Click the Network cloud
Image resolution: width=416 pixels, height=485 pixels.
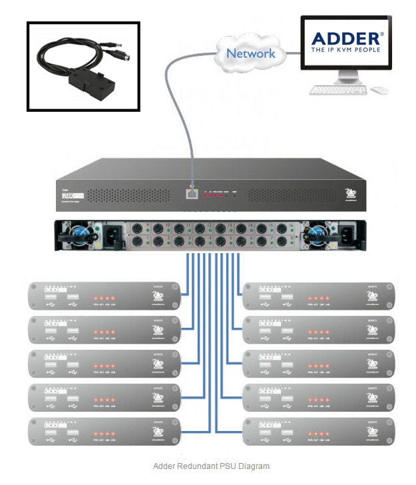(x=250, y=53)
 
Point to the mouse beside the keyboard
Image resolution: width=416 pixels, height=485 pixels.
(x=379, y=89)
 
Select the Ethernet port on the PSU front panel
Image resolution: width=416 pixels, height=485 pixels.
(x=192, y=194)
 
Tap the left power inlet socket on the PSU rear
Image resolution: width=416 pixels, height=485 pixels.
(x=110, y=235)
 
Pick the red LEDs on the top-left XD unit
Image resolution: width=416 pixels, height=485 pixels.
(x=104, y=297)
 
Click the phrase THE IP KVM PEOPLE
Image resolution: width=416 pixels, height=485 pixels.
(x=344, y=50)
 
